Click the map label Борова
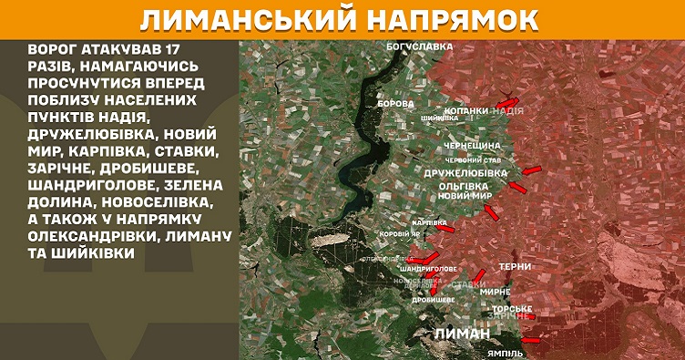coord(395,104)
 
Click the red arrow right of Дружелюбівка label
coord(533,169)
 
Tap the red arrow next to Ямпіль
coord(531,341)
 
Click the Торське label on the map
coord(512,308)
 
